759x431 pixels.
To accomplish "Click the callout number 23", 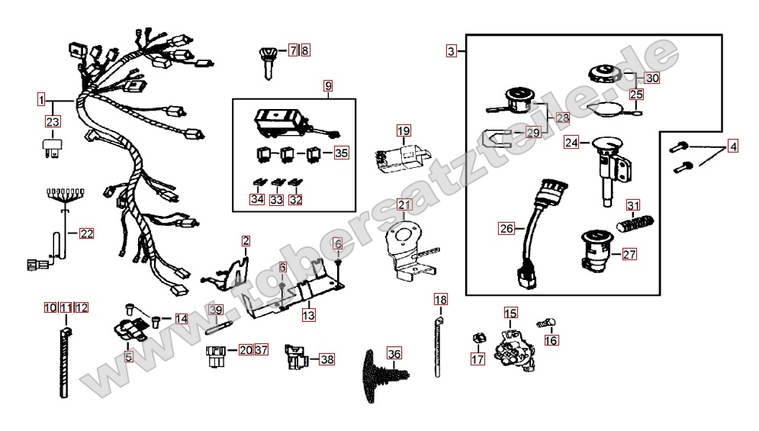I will coord(52,122).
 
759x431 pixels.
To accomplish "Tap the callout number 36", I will coord(393,354).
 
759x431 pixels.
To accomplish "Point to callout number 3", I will coord(452,52).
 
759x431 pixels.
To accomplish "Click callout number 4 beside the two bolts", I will coord(732,145).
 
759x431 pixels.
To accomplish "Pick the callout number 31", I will coord(633,205).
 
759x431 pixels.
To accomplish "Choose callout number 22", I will coord(87,233).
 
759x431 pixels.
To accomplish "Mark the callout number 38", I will coord(326,359).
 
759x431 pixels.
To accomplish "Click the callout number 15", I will coord(510,313).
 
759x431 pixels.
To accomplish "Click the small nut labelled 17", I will coord(478,337).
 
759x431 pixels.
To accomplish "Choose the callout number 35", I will coord(340,153).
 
